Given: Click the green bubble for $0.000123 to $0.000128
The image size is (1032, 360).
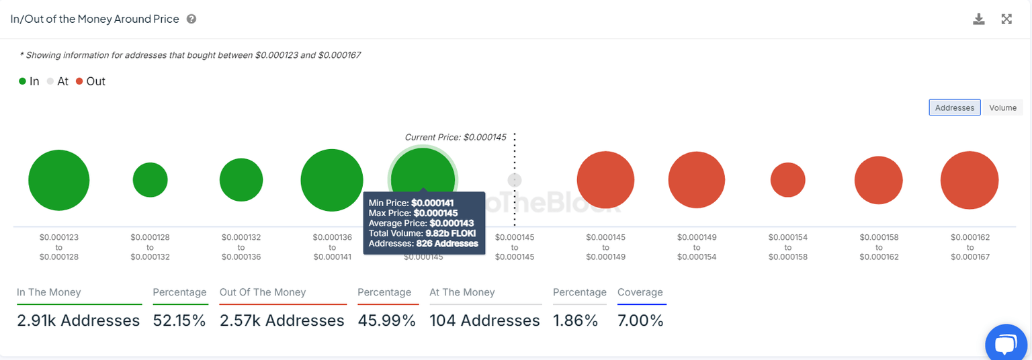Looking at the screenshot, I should click(59, 180).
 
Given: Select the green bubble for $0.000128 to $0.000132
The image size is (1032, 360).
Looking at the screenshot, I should click(150, 180).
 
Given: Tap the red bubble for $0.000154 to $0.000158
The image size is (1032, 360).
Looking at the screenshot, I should click(787, 180).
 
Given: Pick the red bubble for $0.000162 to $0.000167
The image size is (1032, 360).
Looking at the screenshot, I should click(970, 180).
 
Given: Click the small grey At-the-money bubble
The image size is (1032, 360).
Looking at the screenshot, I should click(515, 180).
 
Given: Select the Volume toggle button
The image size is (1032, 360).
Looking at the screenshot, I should click(1002, 107).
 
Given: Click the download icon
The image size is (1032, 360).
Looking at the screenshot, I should click(979, 19).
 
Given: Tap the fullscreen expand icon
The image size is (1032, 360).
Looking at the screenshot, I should click(1006, 19).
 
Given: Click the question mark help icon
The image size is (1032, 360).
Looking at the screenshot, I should click(191, 19).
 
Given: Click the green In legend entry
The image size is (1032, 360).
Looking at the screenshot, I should click(29, 81).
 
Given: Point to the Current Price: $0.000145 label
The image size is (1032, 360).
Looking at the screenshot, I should click(455, 137).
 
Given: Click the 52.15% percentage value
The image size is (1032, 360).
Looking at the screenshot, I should click(179, 320).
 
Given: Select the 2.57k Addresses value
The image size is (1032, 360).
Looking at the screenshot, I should click(282, 320).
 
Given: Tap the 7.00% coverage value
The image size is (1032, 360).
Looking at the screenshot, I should click(640, 320).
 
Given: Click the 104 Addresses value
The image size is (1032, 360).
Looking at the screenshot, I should click(484, 320).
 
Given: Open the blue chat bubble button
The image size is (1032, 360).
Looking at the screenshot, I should click(1006, 344).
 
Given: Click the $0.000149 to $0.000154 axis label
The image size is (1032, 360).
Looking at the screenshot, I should click(697, 247).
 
